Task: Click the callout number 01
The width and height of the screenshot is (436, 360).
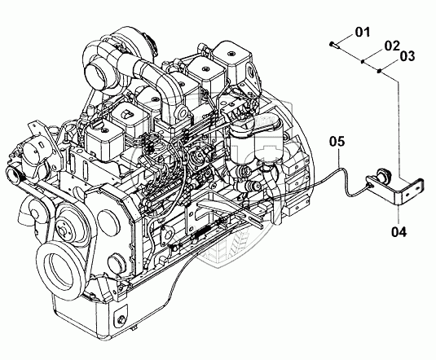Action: coord(363,33)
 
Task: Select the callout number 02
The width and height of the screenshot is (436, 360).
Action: coord(392,46)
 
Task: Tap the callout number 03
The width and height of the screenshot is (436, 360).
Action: coord(407,56)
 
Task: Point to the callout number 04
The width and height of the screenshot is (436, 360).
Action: coord(399,231)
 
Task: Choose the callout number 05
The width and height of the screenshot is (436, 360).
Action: coord(337,141)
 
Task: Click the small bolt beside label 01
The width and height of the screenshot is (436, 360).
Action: coord(333,44)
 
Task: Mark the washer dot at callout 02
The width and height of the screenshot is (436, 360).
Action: coord(363,61)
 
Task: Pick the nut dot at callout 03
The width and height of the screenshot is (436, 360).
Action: coord(379,72)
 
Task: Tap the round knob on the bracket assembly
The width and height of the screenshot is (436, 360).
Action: coord(384,175)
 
